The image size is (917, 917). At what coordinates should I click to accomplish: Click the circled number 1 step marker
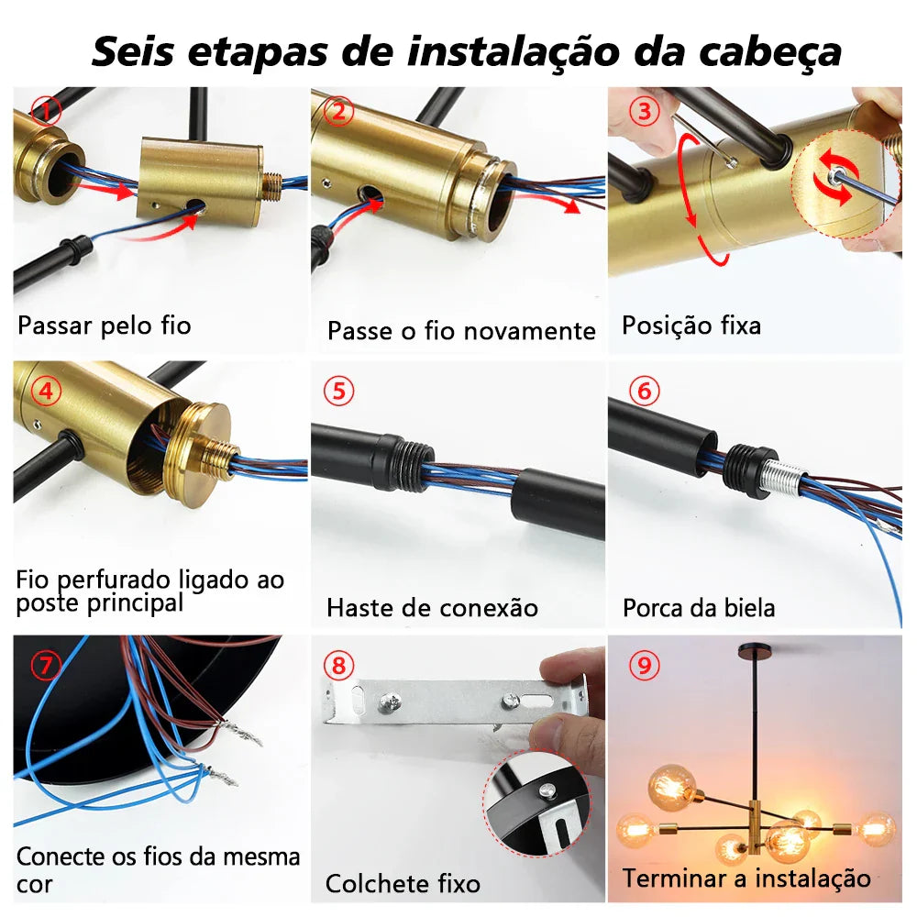coord(46,112)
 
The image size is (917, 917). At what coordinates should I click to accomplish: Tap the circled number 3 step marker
coord(646,112)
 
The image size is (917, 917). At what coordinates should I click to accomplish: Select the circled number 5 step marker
coord(340,392)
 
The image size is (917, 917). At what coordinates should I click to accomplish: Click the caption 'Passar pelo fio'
coord(104,326)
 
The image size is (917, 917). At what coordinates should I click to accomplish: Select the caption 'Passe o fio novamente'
coord(461,330)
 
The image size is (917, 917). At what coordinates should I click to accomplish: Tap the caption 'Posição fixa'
coord(691,326)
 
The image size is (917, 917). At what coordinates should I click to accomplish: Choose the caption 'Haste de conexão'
coord(432,607)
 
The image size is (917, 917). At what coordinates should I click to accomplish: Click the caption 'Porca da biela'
coord(699,607)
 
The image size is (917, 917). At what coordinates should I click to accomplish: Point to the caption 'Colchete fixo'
coord(403,884)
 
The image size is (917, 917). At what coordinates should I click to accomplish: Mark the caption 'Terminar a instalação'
coord(746,878)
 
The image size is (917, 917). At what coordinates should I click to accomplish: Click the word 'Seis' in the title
coord(132,52)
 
